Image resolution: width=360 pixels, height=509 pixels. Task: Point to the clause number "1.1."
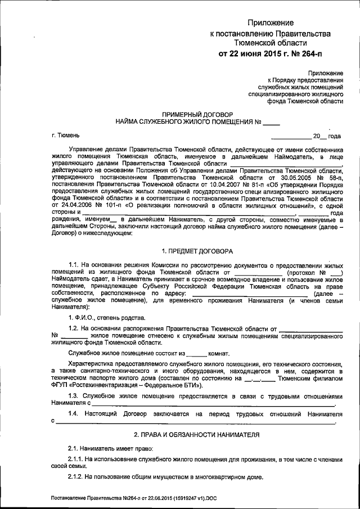pyautogui.click(x=74, y=264)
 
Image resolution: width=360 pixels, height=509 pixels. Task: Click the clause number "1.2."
pyautogui.click(x=74, y=328)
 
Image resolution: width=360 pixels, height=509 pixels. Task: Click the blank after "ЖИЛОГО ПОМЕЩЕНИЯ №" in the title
pyautogui.click(x=271, y=121)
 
